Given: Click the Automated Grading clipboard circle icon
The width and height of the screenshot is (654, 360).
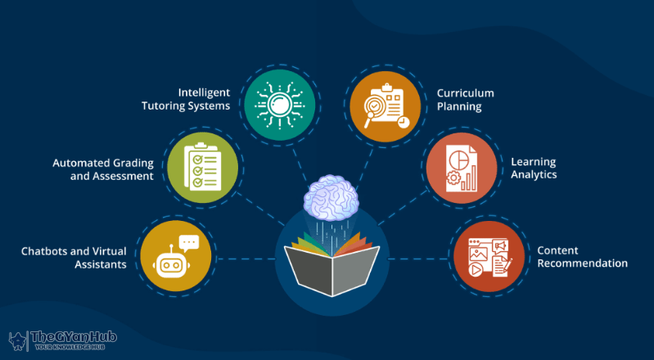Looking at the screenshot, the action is tap(203, 169).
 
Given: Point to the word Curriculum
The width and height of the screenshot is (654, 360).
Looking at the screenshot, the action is tap(465, 92).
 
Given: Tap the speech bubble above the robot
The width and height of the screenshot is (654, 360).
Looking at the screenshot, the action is tap(189, 242).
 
